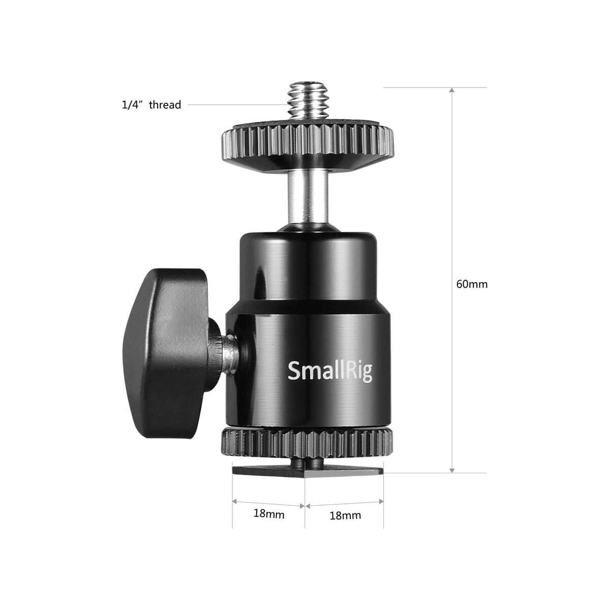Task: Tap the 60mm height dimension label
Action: [472, 284]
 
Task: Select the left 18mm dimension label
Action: [269, 513]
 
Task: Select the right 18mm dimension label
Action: [345, 515]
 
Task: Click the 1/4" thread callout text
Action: [151, 105]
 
